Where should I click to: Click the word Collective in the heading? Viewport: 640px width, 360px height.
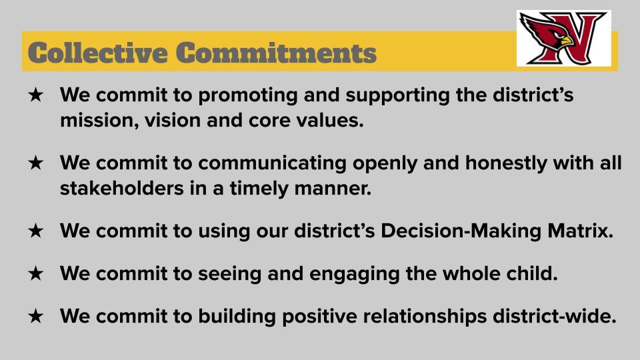coord(97,53)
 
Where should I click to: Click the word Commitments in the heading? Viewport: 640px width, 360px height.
coord(276,53)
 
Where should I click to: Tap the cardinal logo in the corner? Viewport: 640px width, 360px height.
coord(564,39)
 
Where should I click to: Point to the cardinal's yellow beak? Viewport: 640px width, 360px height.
coord(567,41)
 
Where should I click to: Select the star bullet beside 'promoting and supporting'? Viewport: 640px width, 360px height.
coord(35,95)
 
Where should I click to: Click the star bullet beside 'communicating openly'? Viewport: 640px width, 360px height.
coord(35,163)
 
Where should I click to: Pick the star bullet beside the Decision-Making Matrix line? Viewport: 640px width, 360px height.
coord(35,231)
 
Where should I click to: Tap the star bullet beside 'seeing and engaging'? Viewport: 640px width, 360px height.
coord(35,273)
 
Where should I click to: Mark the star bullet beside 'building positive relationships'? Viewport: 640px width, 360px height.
coord(35,316)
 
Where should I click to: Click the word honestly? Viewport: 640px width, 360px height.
coord(506,163)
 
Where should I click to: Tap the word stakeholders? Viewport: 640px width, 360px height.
coord(121,188)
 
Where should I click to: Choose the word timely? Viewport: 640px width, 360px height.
coord(259,189)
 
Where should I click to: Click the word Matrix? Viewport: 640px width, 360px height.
coord(580,231)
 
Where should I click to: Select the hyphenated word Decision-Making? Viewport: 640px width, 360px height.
coord(461,231)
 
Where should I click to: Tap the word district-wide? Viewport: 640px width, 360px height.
coord(554,316)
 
